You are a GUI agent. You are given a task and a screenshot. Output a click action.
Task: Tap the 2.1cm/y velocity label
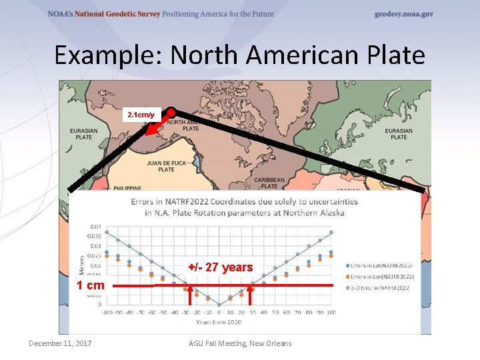click(141, 115)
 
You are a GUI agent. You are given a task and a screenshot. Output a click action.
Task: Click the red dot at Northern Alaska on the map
click(171, 113)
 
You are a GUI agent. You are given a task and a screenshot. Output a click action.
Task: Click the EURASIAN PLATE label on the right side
click(399, 134)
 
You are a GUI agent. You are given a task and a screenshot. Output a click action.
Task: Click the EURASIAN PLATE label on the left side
click(83, 134)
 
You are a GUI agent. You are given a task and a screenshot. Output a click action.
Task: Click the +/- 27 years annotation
click(221, 267)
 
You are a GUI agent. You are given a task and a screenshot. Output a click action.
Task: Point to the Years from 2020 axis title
click(219, 322)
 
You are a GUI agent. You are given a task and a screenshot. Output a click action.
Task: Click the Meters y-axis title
click(83, 264)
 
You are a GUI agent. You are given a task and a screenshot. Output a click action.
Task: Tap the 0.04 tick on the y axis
click(97, 226)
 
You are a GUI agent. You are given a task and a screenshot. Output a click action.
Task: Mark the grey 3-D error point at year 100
click(331, 232)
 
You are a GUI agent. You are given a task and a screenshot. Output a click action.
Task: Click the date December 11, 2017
click(60, 343)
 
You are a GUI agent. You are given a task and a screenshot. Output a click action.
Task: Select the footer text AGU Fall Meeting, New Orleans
click(241, 343)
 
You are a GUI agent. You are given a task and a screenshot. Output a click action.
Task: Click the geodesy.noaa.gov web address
click(404, 14)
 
